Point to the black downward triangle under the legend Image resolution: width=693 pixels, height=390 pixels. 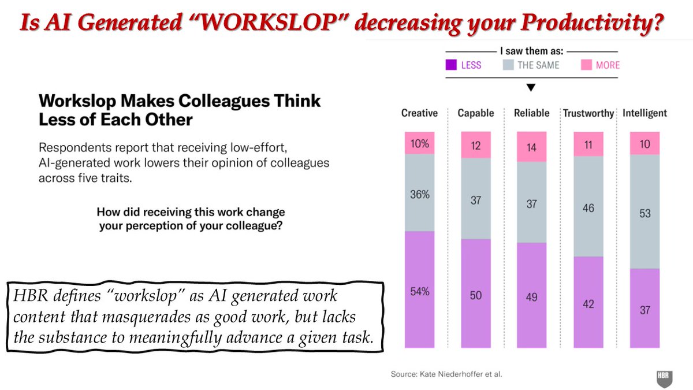pos(531,88)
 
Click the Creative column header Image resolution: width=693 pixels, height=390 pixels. pos(419,113)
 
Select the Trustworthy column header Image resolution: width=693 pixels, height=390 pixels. pos(588,113)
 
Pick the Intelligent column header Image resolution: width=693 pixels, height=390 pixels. pos(644,113)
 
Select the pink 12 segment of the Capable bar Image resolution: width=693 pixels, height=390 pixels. pos(475,144)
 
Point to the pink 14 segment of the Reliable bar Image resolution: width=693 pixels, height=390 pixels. pos(531,147)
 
